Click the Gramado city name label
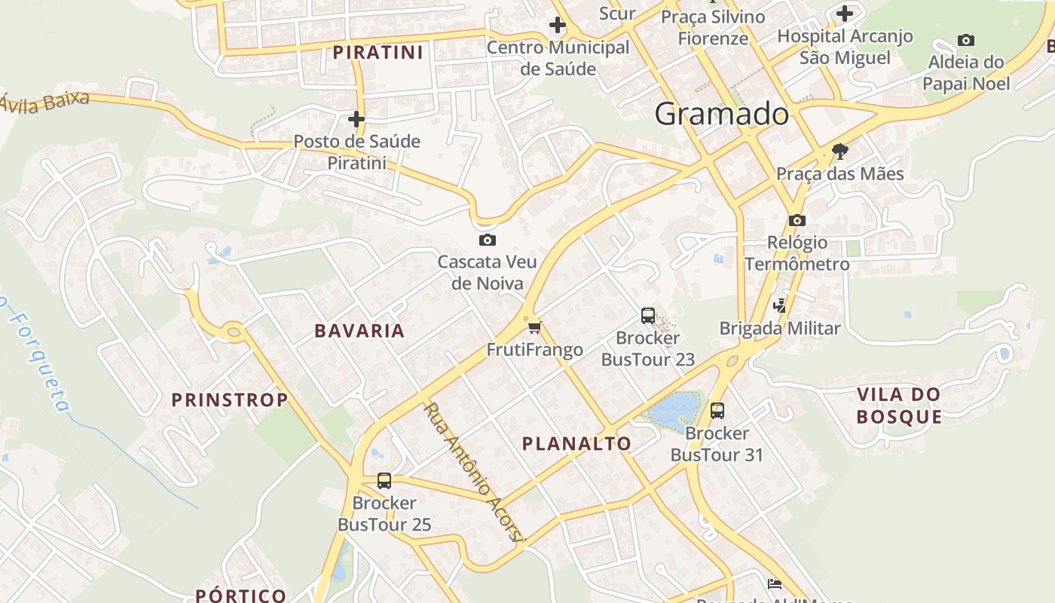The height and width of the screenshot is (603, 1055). click(x=721, y=115)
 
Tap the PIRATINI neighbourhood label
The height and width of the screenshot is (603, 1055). click(x=378, y=52)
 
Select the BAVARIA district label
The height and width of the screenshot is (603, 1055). click(x=359, y=331)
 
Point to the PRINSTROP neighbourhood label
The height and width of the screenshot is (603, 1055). click(x=230, y=399)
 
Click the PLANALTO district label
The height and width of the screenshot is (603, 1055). click(x=577, y=443)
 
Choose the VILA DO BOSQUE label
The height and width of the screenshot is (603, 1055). click(x=899, y=406)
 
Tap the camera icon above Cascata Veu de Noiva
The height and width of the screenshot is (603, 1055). click(x=488, y=240)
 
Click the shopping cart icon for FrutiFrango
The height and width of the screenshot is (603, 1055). click(x=534, y=327)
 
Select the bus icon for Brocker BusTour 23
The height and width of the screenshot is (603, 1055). click(x=648, y=316)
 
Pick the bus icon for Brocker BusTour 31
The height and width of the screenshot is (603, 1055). click(x=717, y=411)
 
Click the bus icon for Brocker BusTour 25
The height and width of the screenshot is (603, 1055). click(x=384, y=480)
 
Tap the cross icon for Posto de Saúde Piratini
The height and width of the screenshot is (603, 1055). click(x=356, y=119)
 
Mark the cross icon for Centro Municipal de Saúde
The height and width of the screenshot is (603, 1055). click(x=558, y=26)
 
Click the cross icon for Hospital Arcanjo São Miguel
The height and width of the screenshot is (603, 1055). click(x=845, y=14)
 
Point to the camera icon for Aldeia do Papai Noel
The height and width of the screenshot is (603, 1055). click(x=966, y=40)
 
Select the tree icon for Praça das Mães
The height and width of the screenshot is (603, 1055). click(x=840, y=152)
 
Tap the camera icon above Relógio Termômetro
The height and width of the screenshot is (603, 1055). click(x=797, y=221)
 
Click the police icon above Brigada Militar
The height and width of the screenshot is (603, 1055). click(x=780, y=306)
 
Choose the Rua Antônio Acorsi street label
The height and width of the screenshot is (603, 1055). click(x=472, y=471)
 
